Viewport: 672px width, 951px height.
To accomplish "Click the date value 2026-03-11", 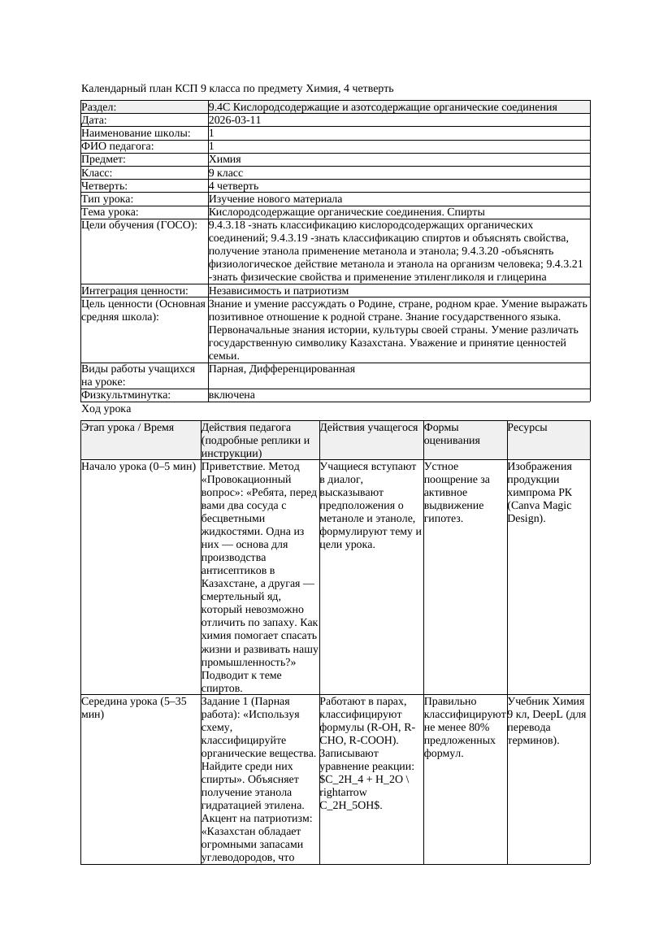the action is coord(235,120).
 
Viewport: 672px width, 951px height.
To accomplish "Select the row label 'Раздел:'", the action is coord(99,107).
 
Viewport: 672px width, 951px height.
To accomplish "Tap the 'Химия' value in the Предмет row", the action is coord(224,159).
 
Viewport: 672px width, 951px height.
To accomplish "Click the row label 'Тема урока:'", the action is coord(110,211).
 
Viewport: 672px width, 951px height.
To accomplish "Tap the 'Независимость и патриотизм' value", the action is coord(278,290).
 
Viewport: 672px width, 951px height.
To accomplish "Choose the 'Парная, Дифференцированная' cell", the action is coord(281,369).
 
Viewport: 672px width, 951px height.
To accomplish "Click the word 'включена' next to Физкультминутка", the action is coord(232,395).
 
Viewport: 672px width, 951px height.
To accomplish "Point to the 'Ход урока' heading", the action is coord(106,409).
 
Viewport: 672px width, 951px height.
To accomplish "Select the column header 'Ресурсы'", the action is coord(527,428).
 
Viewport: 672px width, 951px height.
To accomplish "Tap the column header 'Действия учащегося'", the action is coord(369,428).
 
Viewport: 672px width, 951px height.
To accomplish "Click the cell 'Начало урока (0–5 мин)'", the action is coord(138,467).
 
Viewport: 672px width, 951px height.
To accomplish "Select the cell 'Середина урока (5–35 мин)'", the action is coord(134,707).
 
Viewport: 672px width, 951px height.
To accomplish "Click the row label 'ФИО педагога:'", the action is coord(118,146).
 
